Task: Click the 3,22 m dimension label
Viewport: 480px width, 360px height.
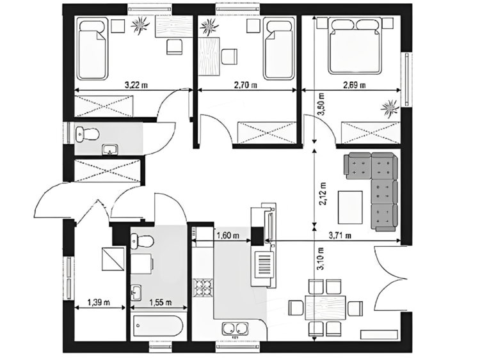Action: pos(135,84)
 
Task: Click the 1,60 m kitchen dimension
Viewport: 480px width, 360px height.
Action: pos(228,235)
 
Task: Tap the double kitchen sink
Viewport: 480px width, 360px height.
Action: pos(235,329)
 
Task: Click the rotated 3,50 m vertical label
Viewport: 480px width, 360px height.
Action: pos(321,104)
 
